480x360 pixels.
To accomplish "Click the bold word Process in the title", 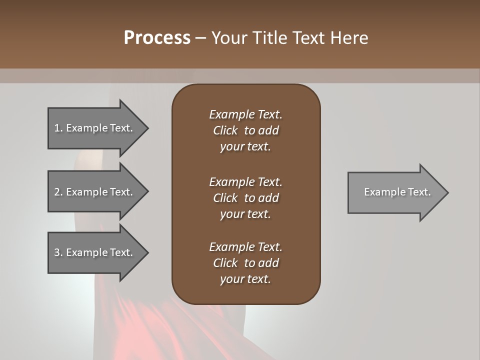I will click(x=157, y=38).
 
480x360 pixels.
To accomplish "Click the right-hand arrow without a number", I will click(x=395, y=192).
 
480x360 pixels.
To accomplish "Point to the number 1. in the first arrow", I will click(x=58, y=128).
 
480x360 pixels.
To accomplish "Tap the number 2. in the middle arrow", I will click(x=58, y=192).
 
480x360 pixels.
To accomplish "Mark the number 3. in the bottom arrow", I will click(x=58, y=252).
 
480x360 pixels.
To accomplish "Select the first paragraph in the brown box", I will click(x=245, y=130).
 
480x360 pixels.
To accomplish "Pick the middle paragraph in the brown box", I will click(x=245, y=198).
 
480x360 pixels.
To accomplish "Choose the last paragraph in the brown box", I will click(x=245, y=263).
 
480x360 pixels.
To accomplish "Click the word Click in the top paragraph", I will click(x=225, y=130).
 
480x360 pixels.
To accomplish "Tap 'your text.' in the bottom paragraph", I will click(x=245, y=279).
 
